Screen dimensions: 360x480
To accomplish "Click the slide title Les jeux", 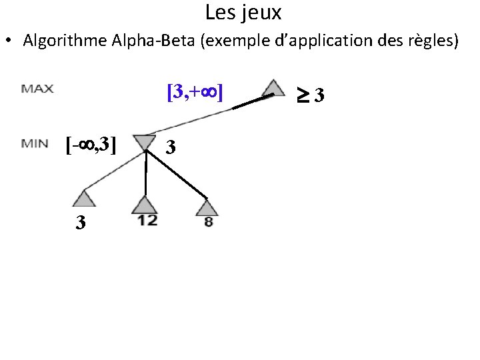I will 243,13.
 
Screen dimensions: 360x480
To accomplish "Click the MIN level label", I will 34,143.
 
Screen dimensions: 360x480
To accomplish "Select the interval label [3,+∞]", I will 195,91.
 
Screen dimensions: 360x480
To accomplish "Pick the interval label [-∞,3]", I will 91,143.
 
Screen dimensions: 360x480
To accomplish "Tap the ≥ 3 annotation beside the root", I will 311,96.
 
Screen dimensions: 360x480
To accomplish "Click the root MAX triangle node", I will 273,89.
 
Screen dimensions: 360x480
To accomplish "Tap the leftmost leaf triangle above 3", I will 83,198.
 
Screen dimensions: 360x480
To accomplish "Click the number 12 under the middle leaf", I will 147,221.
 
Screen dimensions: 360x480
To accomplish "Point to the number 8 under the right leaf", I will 208,222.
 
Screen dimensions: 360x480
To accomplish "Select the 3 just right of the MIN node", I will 171,147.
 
